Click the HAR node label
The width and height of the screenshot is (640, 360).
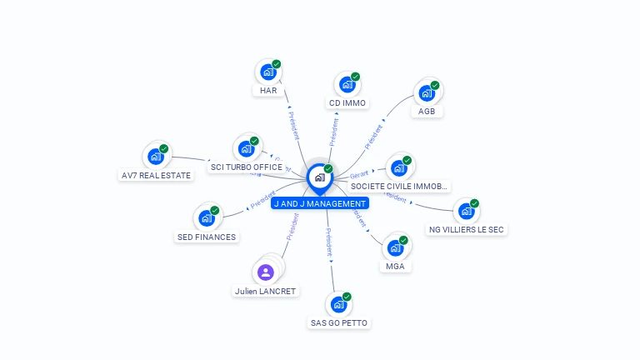pyautogui.click(x=268, y=91)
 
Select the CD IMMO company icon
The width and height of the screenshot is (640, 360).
pyautogui.click(x=347, y=84)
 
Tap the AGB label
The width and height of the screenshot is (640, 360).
pyautogui.click(x=427, y=111)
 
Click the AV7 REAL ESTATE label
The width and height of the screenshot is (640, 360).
pyautogui.click(x=156, y=175)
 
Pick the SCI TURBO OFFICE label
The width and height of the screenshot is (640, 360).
pyautogui.click(x=247, y=167)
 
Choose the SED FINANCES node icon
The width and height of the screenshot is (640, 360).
pyautogui.click(x=206, y=217)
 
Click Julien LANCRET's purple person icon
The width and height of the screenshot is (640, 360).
pyautogui.click(x=266, y=272)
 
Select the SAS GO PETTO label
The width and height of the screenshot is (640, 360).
pyautogui.click(x=338, y=322)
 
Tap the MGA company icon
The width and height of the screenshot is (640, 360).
pyautogui.click(x=395, y=247)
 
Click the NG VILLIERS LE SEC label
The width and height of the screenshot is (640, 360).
pyautogui.click(x=467, y=229)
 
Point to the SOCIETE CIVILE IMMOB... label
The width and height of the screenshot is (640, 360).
pyautogui.click(x=400, y=186)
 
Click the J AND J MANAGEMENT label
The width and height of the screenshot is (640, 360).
pyautogui.click(x=319, y=203)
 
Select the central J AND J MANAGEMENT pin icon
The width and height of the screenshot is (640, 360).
pyautogui.click(x=319, y=177)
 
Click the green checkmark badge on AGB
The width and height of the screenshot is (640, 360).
pyautogui.click(x=435, y=86)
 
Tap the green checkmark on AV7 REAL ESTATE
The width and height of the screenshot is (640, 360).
pyautogui.click(x=164, y=149)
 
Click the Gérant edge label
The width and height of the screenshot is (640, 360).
pyautogui.click(x=359, y=174)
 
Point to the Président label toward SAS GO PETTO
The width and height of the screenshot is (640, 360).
pyautogui.click(x=329, y=242)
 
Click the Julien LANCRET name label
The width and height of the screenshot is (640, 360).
pyautogui.click(x=265, y=292)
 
